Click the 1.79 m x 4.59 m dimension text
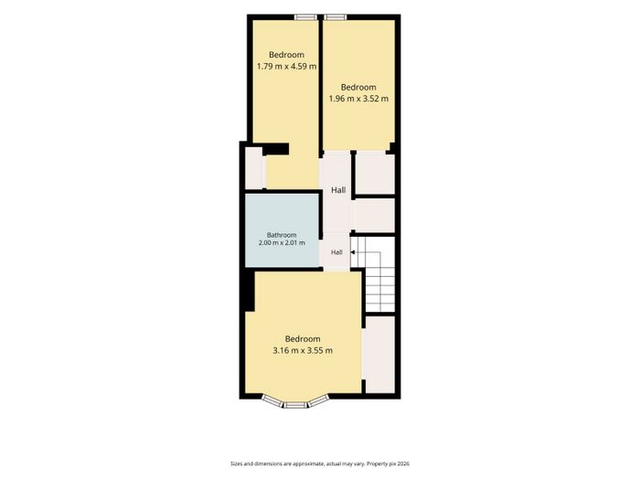click(x=286, y=66)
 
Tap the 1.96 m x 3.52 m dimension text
click(x=358, y=99)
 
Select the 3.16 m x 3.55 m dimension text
click(x=303, y=350)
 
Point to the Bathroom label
click(x=282, y=235)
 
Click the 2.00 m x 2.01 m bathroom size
click(x=282, y=243)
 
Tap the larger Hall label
click(x=338, y=190)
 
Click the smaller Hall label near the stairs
click(x=336, y=252)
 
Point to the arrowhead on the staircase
click(x=353, y=252)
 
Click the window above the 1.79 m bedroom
click(x=306, y=17)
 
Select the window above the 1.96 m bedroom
click(x=336, y=17)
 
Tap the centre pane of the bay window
click(x=295, y=404)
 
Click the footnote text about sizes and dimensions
click(x=320, y=464)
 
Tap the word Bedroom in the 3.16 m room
click(x=303, y=339)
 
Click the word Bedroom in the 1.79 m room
click(x=286, y=55)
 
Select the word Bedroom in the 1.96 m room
click(x=358, y=87)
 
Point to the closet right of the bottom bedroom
click(x=380, y=355)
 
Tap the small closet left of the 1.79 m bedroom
click(x=254, y=168)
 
